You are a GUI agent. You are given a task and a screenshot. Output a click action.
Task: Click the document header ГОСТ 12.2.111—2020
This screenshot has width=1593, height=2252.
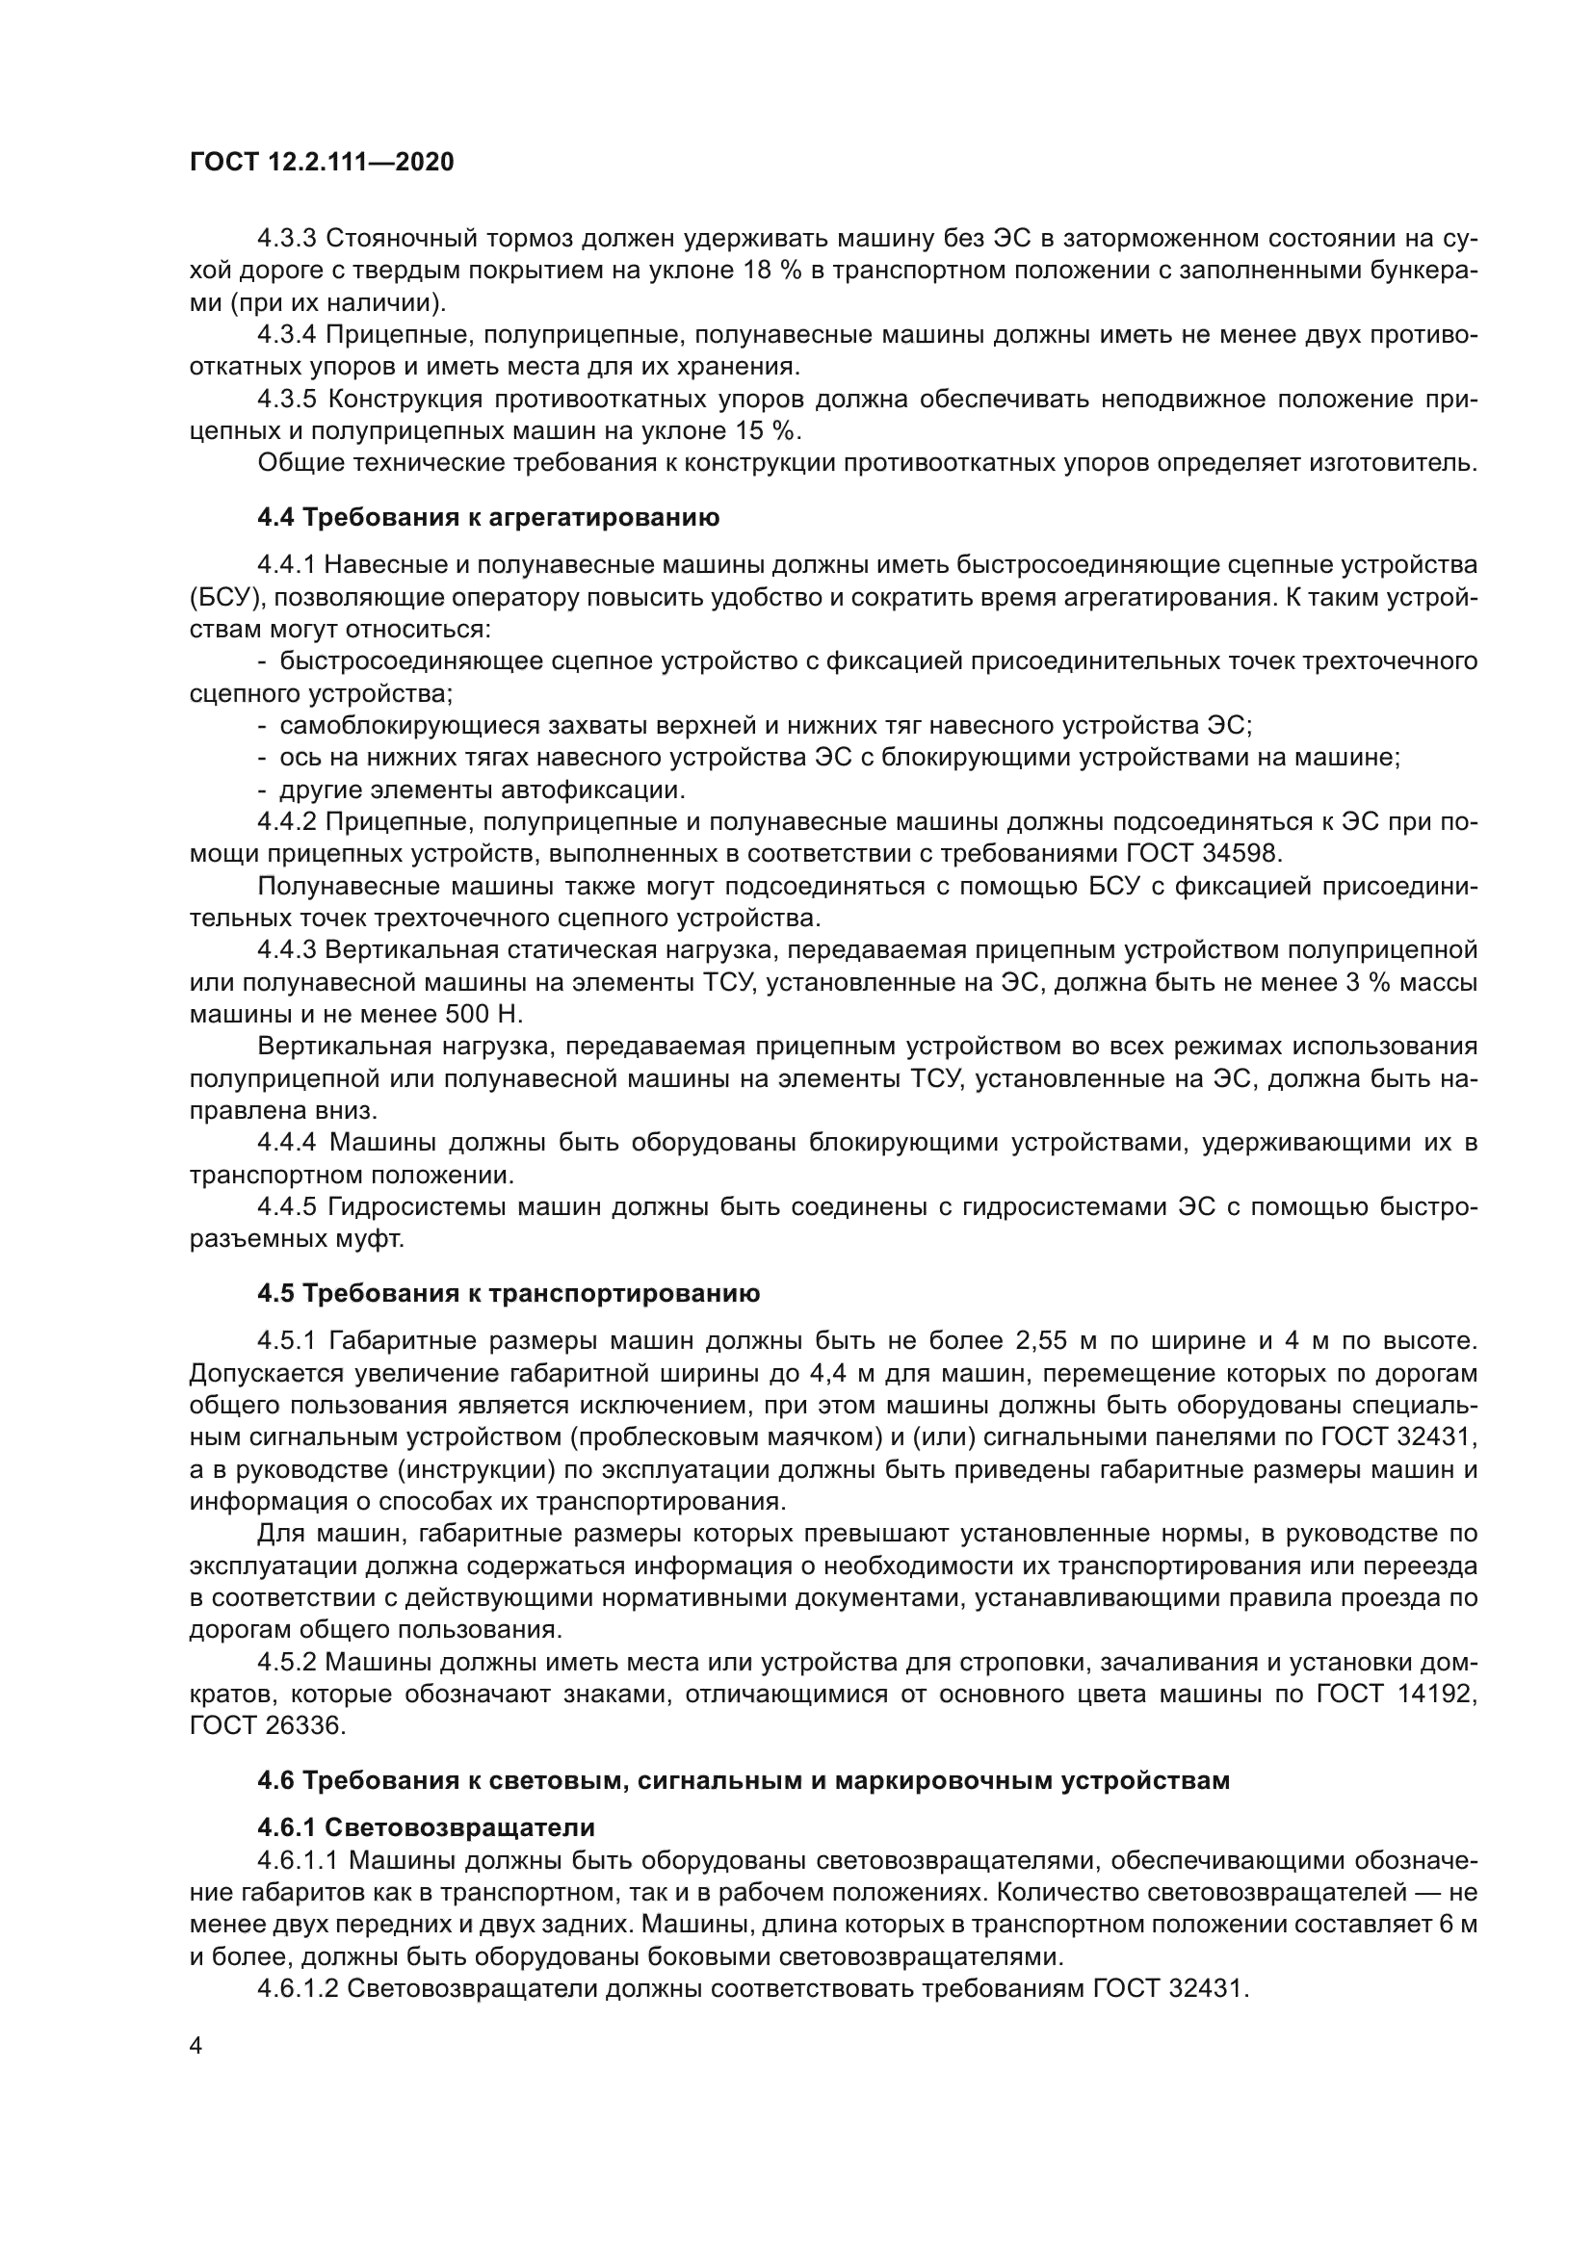point(322,163)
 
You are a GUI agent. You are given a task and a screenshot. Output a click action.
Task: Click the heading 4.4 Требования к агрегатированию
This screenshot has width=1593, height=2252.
point(488,517)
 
